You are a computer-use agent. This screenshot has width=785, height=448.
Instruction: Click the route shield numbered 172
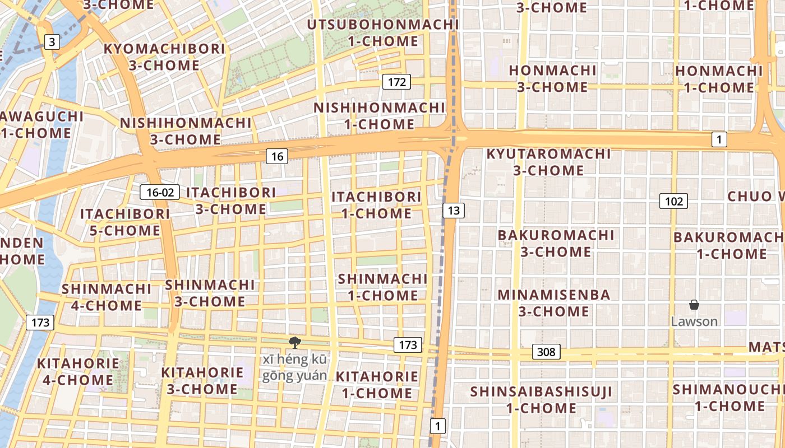click(396, 82)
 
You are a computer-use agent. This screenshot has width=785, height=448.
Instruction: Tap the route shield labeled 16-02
click(160, 193)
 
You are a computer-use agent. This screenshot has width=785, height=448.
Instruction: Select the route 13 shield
click(454, 211)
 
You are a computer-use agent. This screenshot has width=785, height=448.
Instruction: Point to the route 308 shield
click(546, 352)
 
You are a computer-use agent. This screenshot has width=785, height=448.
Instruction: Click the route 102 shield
click(673, 201)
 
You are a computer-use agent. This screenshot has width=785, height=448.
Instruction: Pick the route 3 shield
click(52, 41)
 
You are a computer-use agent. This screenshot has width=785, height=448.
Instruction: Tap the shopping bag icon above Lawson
click(694, 305)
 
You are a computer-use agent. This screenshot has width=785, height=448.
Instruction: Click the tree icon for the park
click(294, 343)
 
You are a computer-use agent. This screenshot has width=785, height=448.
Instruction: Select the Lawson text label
click(694, 321)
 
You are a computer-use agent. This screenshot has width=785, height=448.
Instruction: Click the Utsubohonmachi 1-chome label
click(383, 32)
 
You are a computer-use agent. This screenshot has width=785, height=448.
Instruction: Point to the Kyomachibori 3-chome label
click(164, 57)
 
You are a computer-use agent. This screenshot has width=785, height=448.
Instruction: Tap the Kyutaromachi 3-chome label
click(548, 161)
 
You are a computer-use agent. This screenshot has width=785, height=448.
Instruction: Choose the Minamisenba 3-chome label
click(554, 302)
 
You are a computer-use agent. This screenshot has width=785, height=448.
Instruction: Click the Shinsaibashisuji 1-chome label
click(542, 399)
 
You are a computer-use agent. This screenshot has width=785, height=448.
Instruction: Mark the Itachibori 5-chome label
click(124, 222)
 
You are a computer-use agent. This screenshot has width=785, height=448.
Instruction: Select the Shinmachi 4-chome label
click(106, 297)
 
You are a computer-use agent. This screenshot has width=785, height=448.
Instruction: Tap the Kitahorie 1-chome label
click(377, 384)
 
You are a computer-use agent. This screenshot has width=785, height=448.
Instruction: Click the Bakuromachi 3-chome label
click(556, 243)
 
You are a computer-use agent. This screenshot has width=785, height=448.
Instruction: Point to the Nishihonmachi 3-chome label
click(186, 130)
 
